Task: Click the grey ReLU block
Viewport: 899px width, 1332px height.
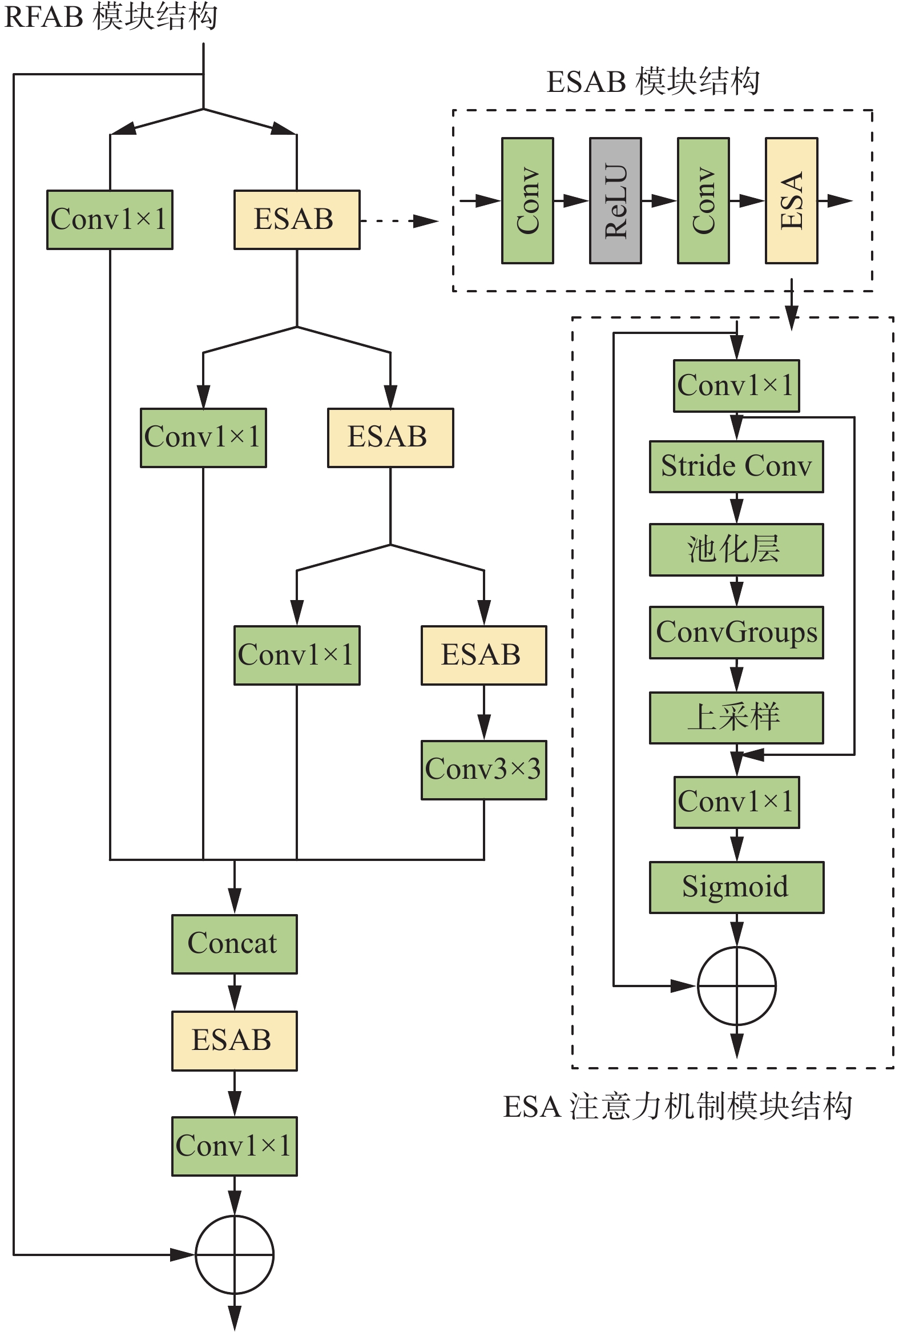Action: click(x=615, y=200)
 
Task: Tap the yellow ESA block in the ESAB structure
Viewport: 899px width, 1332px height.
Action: click(x=791, y=200)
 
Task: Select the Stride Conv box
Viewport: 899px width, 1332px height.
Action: click(x=736, y=466)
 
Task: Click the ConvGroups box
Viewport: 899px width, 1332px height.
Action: click(x=736, y=632)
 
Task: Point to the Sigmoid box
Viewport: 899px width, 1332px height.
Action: click(x=736, y=887)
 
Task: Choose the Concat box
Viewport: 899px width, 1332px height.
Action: click(x=235, y=943)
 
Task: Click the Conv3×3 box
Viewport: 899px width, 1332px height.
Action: click(x=483, y=769)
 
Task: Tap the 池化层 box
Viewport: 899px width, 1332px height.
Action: click(x=736, y=549)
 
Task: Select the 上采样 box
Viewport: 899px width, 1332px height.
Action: click(x=736, y=718)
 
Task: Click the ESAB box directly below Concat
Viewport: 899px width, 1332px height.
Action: click(x=235, y=1040)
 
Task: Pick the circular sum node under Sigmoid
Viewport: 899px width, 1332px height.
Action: click(x=736, y=986)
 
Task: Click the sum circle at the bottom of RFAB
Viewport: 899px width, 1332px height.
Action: click(x=235, y=1254)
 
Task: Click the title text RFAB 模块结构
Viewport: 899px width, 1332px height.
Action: click(x=111, y=16)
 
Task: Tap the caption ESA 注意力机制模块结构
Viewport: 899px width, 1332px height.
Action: click(x=678, y=1106)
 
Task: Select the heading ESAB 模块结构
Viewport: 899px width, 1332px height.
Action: click(x=652, y=82)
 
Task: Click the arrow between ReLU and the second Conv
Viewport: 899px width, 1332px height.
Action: click(x=659, y=200)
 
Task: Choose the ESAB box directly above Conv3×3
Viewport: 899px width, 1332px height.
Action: click(x=483, y=655)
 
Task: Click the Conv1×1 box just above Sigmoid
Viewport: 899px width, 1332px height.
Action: click(x=736, y=802)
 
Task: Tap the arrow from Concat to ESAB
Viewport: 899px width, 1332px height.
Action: click(x=235, y=992)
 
